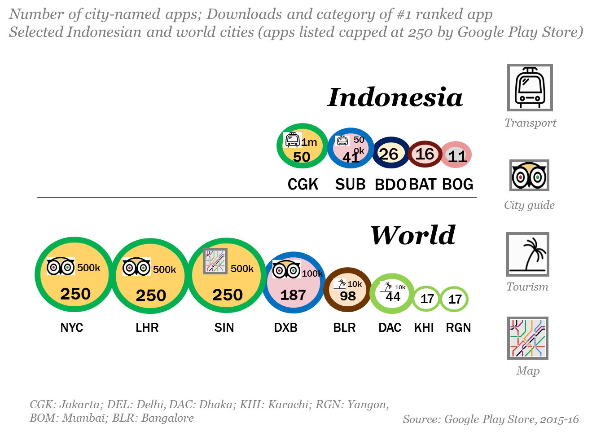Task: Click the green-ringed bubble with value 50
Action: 302,146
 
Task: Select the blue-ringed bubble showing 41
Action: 351,148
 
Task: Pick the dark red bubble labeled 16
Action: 425,154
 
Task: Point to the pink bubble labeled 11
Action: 456,155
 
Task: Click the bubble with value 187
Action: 294,282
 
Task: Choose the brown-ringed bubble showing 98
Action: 348,290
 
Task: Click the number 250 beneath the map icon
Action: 228,295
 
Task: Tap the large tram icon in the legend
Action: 530,87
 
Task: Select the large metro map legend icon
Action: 528,339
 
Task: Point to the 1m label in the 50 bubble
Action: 309,142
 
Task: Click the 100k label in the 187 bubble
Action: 312,273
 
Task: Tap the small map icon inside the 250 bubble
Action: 215,261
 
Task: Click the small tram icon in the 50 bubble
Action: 292,140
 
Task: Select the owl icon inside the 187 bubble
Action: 286,269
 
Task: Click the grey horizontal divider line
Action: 256,198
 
